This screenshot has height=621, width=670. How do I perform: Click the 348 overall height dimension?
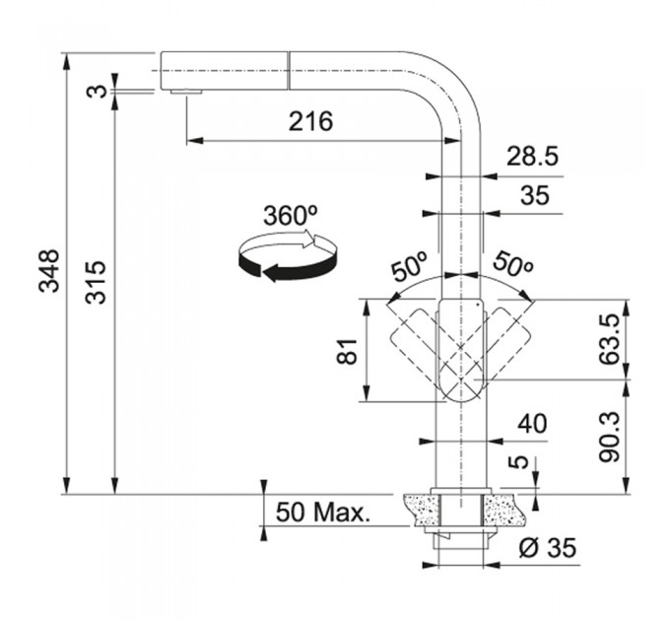(48, 271)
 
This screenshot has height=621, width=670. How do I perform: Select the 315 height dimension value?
(96, 282)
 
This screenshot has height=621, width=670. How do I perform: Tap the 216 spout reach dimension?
(310, 121)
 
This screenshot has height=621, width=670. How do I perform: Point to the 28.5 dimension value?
(532, 156)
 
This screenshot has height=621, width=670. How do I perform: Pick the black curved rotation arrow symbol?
(288, 257)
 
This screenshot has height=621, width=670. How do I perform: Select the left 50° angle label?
(410, 266)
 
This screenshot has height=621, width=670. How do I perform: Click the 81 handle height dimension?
(347, 351)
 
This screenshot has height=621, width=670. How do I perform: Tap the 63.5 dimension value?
(609, 339)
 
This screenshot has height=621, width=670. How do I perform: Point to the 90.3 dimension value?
(609, 437)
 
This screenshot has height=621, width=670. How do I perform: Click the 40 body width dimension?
(532, 424)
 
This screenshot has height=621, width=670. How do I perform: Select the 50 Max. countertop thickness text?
(322, 512)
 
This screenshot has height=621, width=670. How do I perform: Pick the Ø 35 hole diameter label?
(547, 547)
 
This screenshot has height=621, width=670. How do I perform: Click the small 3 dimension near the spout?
(96, 91)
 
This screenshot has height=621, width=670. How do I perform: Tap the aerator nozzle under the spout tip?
(186, 92)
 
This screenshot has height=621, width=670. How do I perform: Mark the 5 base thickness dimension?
(520, 462)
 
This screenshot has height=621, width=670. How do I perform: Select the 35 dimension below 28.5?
(535, 195)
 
